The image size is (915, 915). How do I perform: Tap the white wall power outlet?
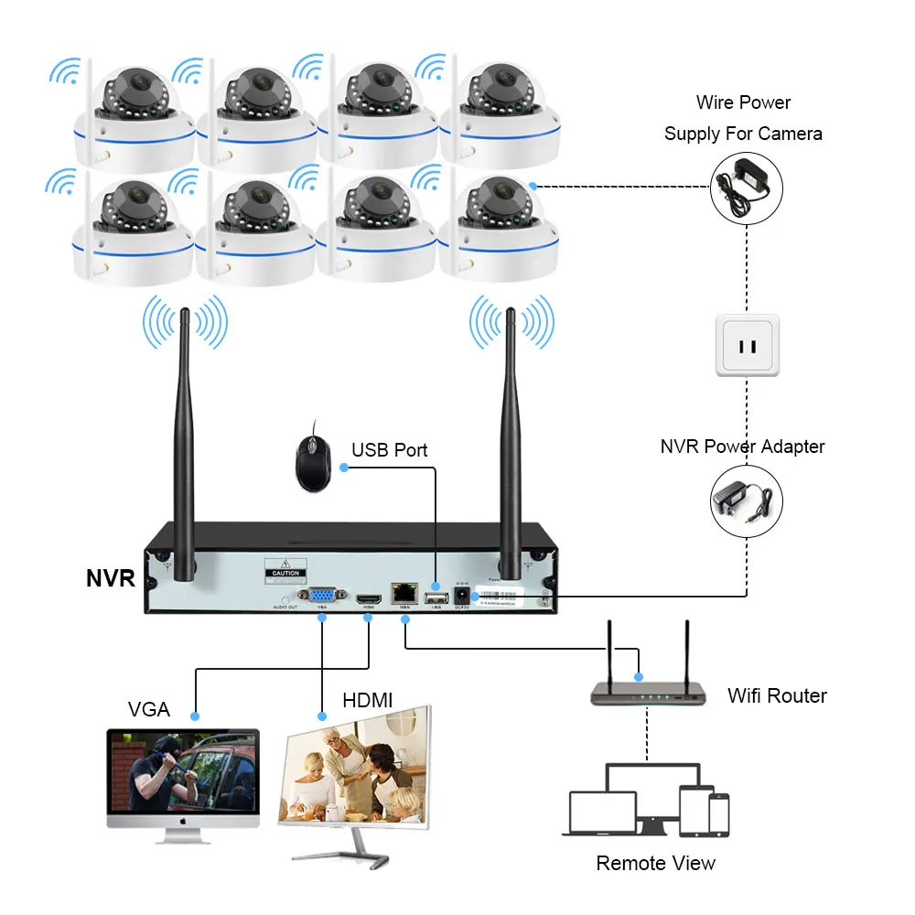748,346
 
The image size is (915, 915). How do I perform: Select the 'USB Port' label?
389,450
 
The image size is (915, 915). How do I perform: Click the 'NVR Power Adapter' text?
742,447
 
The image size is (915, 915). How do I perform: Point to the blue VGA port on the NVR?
321,595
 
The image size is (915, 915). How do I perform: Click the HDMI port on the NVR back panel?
369,595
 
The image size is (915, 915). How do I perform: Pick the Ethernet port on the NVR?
401,594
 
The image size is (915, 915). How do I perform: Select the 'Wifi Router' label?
777,695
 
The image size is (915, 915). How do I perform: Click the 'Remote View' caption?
655,863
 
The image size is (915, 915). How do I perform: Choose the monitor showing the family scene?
357,778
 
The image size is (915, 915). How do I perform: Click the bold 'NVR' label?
111,578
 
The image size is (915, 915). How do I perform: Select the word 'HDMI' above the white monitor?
367,700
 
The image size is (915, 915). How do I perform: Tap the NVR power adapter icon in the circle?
747,500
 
